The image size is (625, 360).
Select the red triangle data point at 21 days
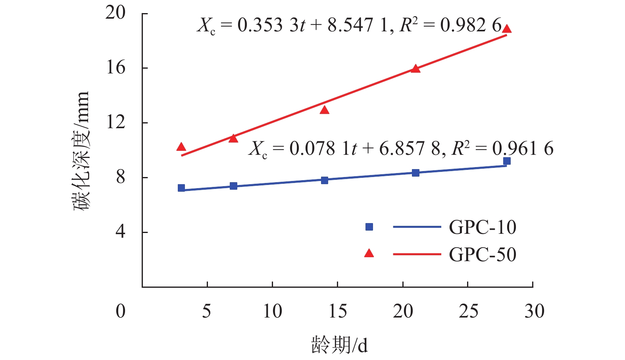pyautogui.click(x=415, y=69)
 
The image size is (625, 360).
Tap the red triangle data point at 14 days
pyautogui.click(x=325, y=110)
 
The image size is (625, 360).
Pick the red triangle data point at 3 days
pyautogui.click(x=181, y=147)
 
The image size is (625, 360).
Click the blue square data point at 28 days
pyautogui.click(x=507, y=161)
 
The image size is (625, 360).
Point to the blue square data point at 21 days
pyautogui.click(x=415, y=173)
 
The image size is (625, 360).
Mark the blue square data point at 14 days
pyautogui.click(x=325, y=180)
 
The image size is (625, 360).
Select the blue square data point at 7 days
pyautogui.click(x=233, y=186)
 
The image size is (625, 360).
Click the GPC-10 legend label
pyautogui.click(x=482, y=227)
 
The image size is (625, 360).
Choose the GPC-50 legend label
pyautogui.click(x=482, y=254)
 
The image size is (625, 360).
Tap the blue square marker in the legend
pyautogui.click(x=369, y=227)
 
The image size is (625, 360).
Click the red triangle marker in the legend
pyautogui.click(x=369, y=254)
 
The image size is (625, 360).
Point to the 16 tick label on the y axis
pyautogui.click(x=115, y=68)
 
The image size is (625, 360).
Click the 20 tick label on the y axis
pyautogui.click(x=115, y=13)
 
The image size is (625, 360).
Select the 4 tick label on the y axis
pyautogui.click(x=120, y=232)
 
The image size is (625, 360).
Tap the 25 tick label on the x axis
pyautogui.click(x=468, y=312)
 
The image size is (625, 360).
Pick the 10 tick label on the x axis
pyautogui.click(x=273, y=312)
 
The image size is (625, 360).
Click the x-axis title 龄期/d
pyautogui.click(x=339, y=345)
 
